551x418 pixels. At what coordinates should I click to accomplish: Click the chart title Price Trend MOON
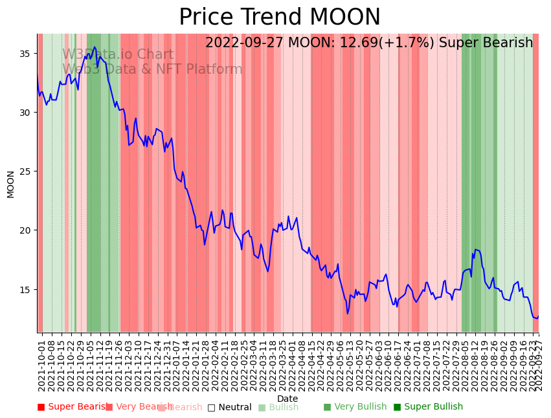pos(280,17)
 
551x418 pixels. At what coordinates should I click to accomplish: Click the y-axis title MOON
pos(11,184)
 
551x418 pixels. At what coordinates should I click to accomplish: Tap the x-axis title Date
pos(287,399)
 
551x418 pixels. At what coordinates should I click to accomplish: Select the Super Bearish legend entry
pos(73,407)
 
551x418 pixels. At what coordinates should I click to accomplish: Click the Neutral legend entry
pos(229,407)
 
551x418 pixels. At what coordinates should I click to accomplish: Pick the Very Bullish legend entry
pos(355,407)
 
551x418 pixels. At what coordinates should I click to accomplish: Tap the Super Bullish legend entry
pos(428,407)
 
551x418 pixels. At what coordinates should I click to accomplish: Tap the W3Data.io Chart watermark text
pos(118,54)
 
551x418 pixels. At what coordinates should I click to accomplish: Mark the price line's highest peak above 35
pos(95,47)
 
